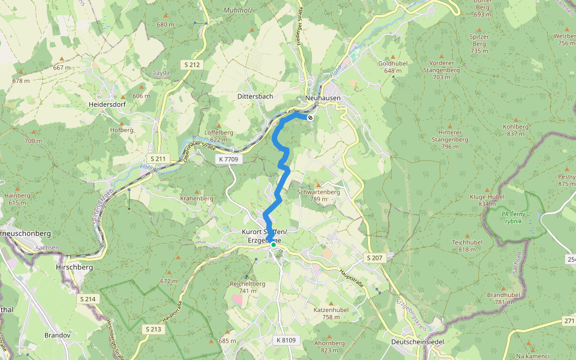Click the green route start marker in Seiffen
(x=273, y=245)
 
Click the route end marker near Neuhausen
(x=310, y=118)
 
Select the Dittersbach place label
(x=255, y=96)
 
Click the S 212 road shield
(x=191, y=64)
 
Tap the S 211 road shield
(x=158, y=158)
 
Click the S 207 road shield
(x=374, y=257)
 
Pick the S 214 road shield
(x=88, y=299)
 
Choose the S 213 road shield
(x=153, y=329)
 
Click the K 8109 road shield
(x=286, y=340)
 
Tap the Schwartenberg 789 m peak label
(x=318, y=196)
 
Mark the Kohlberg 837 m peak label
(x=517, y=130)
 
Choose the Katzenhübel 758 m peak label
(x=331, y=313)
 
